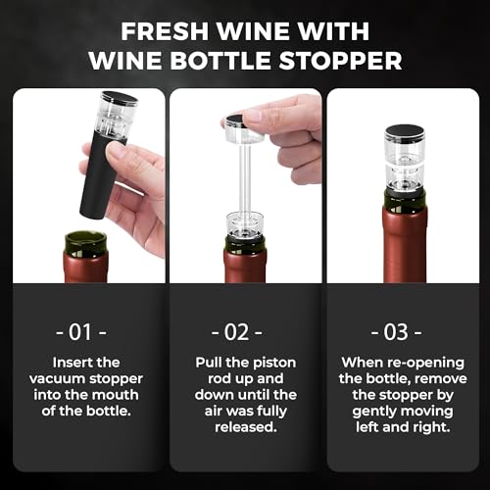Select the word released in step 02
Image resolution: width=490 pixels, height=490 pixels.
tap(245, 426)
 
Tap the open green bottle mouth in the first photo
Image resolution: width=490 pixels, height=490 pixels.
tap(86, 240)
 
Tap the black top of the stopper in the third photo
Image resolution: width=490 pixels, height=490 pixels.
tap(403, 131)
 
